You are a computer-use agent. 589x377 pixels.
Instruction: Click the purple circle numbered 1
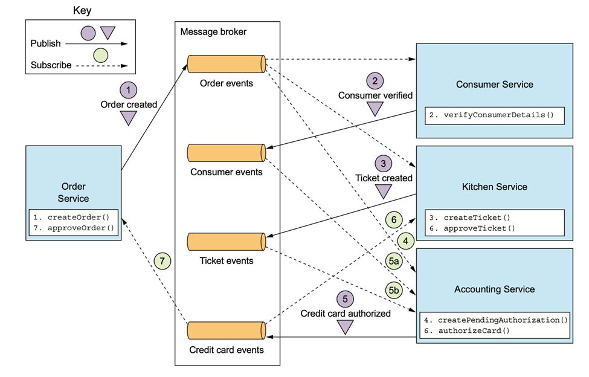click(129, 90)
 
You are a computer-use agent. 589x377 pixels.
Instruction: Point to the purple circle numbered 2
click(375, 80)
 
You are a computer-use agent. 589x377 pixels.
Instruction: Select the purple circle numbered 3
click(383, 163)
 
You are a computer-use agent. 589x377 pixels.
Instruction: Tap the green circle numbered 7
click(162, 262)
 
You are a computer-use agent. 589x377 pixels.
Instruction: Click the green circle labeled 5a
click(394, 262)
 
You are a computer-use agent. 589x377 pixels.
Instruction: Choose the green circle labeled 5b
click(394, 291)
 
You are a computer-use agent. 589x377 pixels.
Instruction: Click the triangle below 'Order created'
click(129, 118)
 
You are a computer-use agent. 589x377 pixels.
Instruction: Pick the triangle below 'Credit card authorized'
click(345, 327)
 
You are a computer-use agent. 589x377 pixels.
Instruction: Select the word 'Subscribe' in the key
click(51, 65)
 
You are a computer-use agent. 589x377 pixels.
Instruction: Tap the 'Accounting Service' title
click(494, 289)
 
